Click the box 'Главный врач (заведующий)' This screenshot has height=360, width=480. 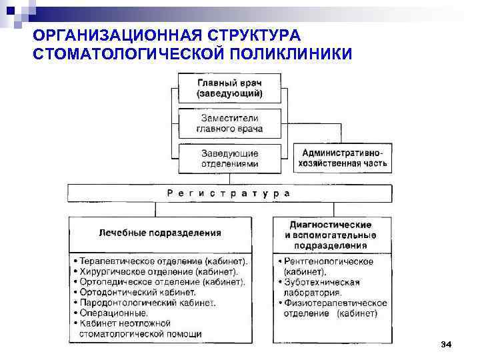tap(229, 88)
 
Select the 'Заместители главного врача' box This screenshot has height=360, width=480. tap(229, 123)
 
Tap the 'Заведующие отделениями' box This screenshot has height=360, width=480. tap(229, 158)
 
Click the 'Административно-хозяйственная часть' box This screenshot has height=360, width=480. tap(343, 158)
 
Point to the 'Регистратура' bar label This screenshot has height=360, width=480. tap(229, 193)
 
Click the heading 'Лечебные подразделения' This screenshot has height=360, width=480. tap(160, 233)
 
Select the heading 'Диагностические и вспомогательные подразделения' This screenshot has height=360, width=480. tap(331, 235)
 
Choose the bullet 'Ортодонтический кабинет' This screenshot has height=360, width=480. tap(137, 292)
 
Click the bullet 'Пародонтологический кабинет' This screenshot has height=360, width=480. tap(147, 302)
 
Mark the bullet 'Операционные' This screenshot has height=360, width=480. tap(113, 312)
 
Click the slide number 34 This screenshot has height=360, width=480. tap(446, 344)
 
